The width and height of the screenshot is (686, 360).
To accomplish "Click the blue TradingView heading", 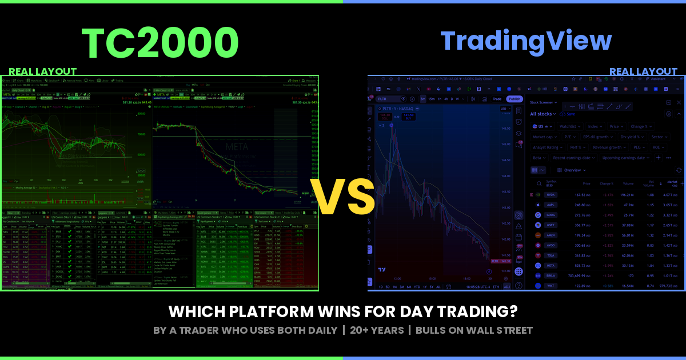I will click(526, 41).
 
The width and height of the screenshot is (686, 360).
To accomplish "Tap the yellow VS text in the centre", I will click(342, 197).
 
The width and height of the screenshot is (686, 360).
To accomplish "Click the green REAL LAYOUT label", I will click(43, 71).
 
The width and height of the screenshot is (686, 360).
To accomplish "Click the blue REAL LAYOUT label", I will click(643, 72).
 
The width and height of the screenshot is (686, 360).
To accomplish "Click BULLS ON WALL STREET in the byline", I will click(474, 330).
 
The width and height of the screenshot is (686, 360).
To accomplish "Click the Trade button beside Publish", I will click(497, 99).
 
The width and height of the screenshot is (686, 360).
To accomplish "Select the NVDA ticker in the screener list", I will click(551, 195).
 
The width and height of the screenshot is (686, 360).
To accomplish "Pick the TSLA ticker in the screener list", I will click(551, 255).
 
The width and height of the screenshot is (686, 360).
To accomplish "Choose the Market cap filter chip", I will click(543, 137).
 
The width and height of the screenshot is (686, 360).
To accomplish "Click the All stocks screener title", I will click(541, 114).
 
